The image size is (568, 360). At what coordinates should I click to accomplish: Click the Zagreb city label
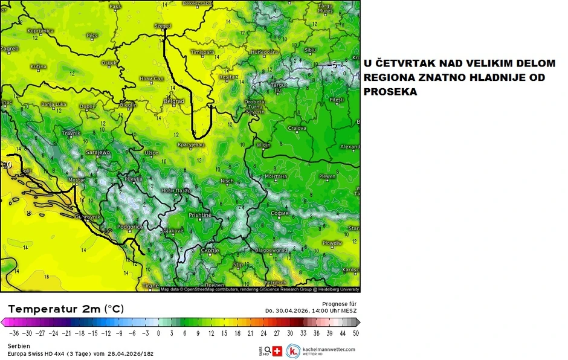[9, 48]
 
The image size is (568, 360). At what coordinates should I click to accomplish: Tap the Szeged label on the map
[163, 26]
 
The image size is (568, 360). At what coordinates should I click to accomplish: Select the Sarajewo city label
[98, 152]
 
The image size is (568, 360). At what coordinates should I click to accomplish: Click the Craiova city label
[297, 128]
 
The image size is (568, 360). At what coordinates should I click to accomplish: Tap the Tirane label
[150, 285]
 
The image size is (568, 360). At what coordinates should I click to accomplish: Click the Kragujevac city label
[192, 145]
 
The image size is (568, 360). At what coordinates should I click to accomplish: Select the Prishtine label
[200, 214]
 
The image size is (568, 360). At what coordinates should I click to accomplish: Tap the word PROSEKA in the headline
[390, 92]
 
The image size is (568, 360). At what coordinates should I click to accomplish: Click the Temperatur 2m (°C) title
[66, 309]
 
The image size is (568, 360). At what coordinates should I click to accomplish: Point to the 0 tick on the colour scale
[159, 333]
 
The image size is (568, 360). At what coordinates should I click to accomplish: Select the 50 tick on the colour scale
[356, 333]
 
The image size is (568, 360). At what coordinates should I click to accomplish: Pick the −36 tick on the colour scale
[11, 333]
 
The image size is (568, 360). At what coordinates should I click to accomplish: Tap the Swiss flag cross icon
[278, 350]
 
